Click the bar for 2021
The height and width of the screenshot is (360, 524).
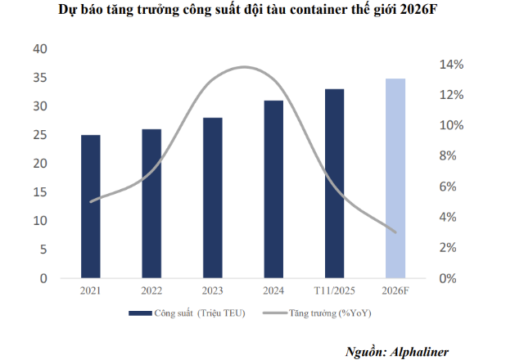pyautogui.click(x=90, y=206)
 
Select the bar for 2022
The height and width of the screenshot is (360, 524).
pyautogui.click(x=151, y=204)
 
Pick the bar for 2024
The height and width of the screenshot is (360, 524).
pyautogui.click(x=273, y=189)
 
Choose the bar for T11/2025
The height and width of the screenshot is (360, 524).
pyautogui.click(x=334, y=183)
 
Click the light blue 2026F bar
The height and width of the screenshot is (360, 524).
pyautogui.click(x=395, y=178)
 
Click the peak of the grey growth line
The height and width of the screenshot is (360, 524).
pyautogui.click(x=243, y=67)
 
